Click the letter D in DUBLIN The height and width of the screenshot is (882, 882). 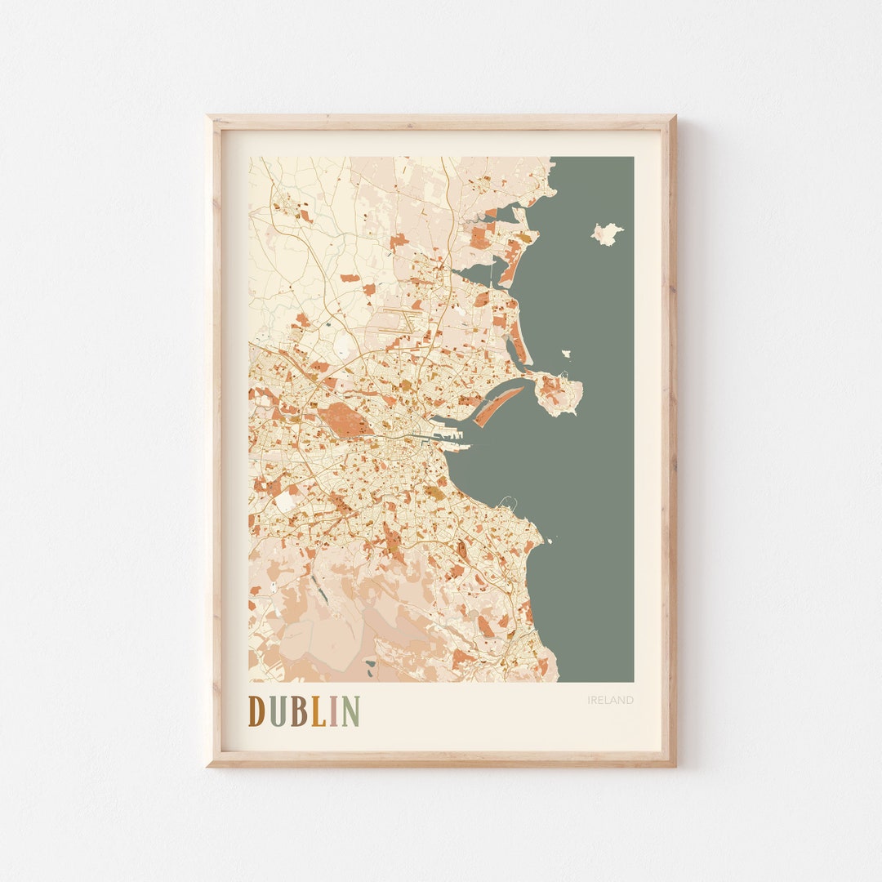257,711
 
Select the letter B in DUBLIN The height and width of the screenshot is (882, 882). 298,711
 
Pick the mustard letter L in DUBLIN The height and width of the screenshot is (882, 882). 318,711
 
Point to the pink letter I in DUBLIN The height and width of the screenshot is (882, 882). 333,711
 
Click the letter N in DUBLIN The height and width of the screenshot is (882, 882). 350,711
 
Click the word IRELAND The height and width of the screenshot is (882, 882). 610,700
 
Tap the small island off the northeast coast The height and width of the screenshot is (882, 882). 606,234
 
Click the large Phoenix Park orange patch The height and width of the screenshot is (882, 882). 344,421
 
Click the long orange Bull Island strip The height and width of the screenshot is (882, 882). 497,406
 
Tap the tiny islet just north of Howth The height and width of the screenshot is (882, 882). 566,354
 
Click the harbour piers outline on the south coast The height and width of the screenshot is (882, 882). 508,501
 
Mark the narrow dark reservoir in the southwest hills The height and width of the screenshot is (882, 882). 318,593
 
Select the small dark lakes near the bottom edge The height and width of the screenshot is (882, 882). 372,672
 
